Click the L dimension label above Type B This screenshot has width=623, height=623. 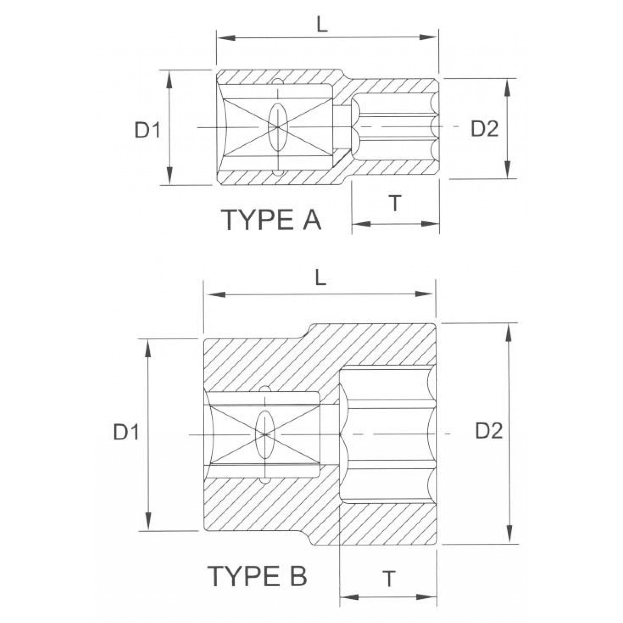click(x=320, y=279)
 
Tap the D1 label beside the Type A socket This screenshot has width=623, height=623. click(x=147, y=131)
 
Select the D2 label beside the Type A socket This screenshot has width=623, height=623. click(x=484, y=129)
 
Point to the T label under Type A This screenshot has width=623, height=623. click(x=395, y=203)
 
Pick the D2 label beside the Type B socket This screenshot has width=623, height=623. click(x=489, y=432)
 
